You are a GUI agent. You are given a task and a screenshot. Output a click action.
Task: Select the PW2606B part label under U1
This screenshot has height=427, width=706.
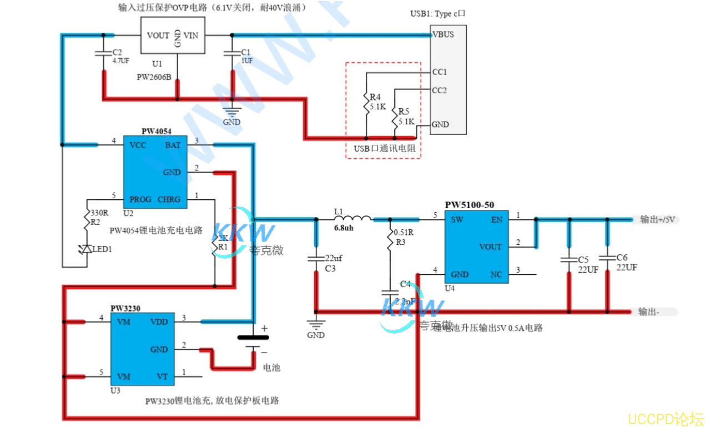154,77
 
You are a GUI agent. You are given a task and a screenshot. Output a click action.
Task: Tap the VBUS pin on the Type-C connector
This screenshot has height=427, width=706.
443,34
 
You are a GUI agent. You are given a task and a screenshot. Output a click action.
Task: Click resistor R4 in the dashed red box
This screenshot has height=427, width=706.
367,103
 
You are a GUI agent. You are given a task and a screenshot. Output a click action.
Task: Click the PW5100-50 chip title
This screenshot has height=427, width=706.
469,205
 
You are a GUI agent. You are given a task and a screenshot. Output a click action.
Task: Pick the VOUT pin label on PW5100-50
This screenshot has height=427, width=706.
490,247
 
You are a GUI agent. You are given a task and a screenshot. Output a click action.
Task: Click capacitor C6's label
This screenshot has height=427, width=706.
622,258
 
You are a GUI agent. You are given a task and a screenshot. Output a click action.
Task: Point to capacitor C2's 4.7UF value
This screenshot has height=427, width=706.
120,61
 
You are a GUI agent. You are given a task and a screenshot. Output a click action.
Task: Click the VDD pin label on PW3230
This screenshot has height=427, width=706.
159,321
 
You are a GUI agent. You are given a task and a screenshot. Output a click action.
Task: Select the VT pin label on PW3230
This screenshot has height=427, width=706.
162,376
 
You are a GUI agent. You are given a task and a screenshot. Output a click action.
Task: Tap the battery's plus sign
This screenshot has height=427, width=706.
264,329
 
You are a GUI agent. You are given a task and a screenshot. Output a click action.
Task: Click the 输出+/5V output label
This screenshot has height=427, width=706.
657,219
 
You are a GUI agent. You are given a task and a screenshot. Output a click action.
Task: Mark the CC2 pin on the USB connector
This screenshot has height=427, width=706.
440,90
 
